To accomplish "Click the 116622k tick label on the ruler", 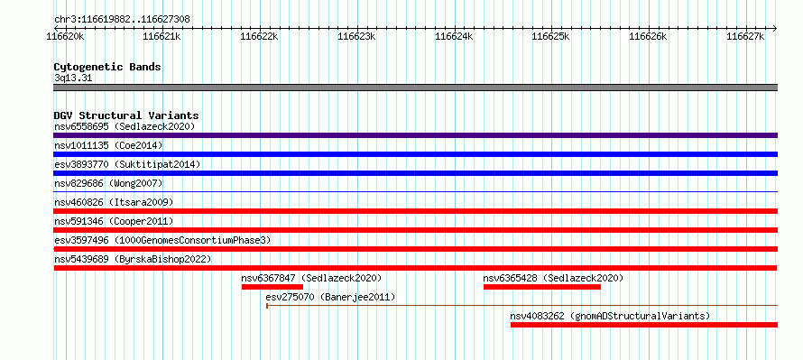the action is click(x=259, y=36).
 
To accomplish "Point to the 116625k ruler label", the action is click(x=551, y=36).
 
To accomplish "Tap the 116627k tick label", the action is click(x=745, y=36).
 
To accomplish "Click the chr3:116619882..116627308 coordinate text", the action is click(x=122, y=20).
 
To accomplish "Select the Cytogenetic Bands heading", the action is click(x=107, y=67).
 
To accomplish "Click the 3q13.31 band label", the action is click(x=73, y=78).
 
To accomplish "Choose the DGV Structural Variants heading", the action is click(x=126, y=115).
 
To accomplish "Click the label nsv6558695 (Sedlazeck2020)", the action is click(x=125, y=126).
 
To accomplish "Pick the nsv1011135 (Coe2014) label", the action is click(x=108, y=145).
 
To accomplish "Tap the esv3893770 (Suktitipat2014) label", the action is click(x=127, y=164).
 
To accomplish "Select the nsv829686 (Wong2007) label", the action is click(x=108, y=183).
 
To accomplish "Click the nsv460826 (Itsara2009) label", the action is click(x=114, y=202).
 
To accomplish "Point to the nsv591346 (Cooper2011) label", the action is click(x=114, y=221).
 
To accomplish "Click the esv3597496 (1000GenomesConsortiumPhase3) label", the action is click(x=162, y=240).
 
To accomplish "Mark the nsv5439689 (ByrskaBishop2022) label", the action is click(x=133, y=259).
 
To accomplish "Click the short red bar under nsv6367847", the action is click(x=272, y=287).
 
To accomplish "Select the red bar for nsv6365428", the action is click(x=542, y=287).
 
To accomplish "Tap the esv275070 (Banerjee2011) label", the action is click(x=331, y=297).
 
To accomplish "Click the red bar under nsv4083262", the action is click(x=644, y=325).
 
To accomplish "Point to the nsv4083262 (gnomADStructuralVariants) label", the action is click(x=611, y=316).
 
